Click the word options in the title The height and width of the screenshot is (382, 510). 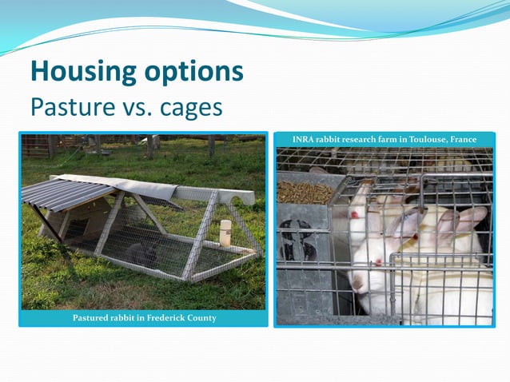pos(194,73)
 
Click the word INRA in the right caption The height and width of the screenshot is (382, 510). pos(304,140)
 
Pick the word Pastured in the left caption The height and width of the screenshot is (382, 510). pos(94,318)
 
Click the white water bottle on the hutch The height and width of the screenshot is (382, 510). pos(225,232)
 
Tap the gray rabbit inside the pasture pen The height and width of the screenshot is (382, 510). pos(141,254)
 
